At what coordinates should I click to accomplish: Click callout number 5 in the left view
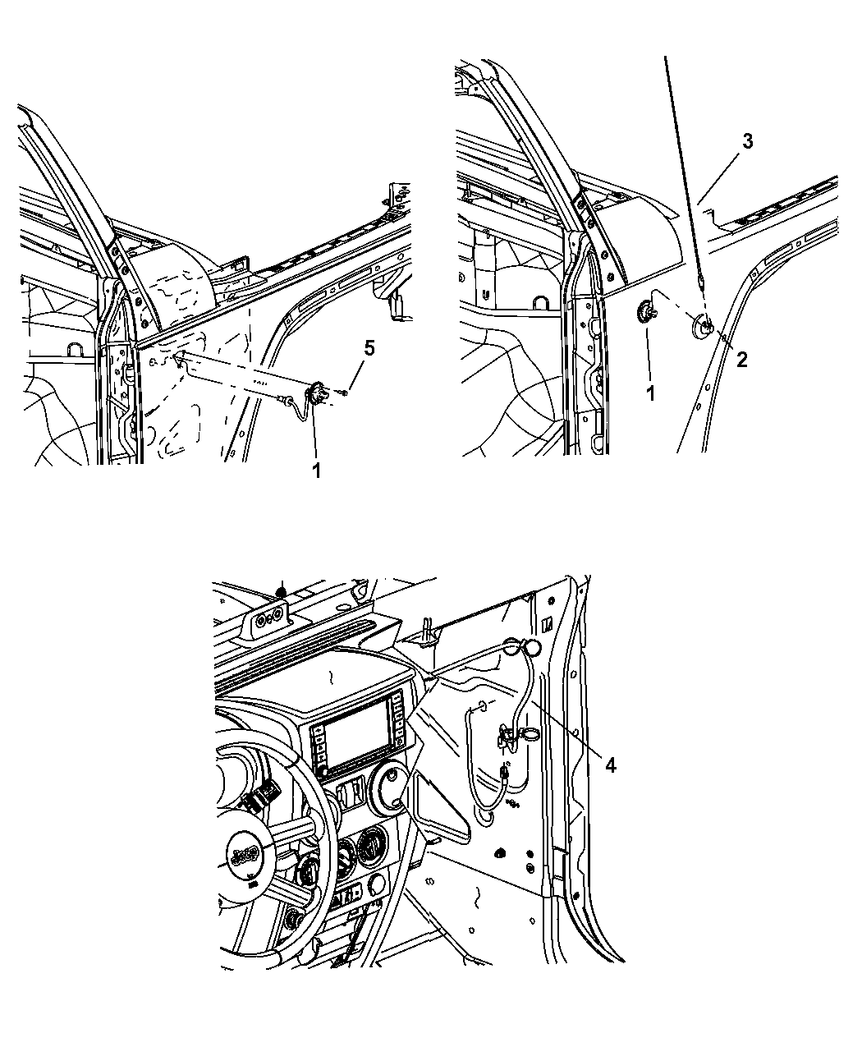coord(369,349)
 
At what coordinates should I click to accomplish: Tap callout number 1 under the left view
coord(315,471)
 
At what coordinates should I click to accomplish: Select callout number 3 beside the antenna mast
coord(747,141)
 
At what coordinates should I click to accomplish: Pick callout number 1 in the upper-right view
coord(649,393)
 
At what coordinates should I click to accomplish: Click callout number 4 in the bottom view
coord(610,765)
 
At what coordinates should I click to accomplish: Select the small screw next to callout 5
coord(343,394)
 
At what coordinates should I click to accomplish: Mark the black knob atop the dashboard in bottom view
coord(281,590)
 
